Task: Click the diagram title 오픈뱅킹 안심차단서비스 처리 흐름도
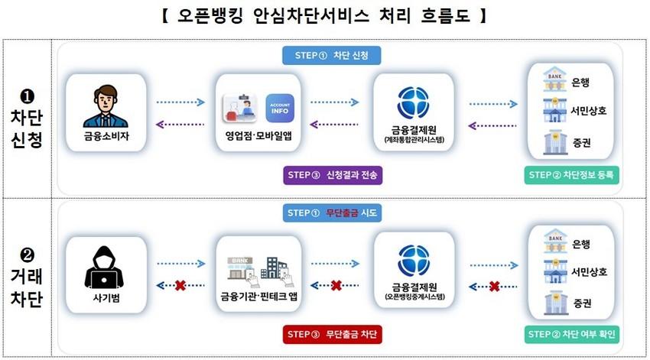click(325, 16)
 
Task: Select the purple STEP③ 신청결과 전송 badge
click(332, 175)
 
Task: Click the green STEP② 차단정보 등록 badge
click(574, 175)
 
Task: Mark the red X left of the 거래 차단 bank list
click(494, 286)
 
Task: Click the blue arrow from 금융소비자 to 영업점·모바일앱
click(180, 102)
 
